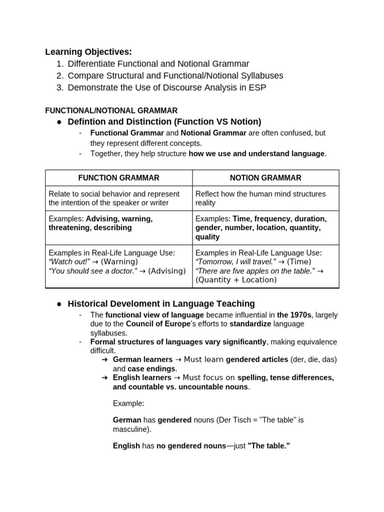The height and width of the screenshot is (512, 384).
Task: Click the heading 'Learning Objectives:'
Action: (x=88, y=51)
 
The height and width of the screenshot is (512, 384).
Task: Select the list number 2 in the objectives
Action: (x=59, y=75)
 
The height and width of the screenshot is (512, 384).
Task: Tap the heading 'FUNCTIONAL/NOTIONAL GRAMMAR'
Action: (x=111, y=110)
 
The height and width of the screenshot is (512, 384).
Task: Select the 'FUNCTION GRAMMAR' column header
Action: (x=118, y=177)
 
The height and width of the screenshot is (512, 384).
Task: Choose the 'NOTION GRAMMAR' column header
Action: (x=265, y=177)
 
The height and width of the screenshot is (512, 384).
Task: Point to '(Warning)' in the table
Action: (x=119, y=261)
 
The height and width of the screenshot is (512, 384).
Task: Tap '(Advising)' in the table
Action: (x=166, y=270)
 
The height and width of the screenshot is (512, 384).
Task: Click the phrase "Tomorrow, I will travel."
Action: (x=236, y=261)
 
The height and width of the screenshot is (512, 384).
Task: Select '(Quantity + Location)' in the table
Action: (x=236, y=279)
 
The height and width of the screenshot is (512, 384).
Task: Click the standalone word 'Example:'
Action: (x=128, y=403)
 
